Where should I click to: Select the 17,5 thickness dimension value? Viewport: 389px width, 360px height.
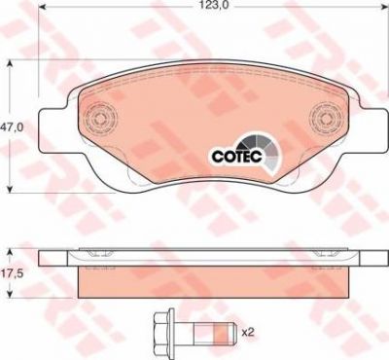[12, 273]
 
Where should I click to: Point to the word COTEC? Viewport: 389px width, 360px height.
[236, 157]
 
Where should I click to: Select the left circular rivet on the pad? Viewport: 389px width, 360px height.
[100, 117]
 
